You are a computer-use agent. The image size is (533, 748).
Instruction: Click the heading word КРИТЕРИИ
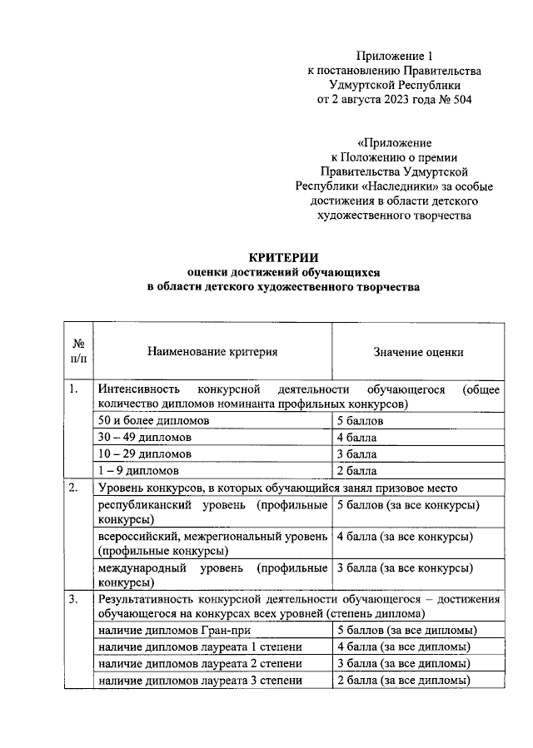(284, 257)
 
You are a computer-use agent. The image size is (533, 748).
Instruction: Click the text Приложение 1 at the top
(395, 56)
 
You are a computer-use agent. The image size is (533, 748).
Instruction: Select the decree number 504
(471, 101)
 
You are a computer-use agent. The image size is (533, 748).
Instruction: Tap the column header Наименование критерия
(212, 352)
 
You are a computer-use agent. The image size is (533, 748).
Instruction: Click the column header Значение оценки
(418, 352)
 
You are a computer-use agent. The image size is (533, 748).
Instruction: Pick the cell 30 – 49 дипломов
(144, 438)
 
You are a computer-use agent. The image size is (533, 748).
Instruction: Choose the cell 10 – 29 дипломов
(144, 454)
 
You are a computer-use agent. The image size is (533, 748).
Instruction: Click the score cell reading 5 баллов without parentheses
(360, 422)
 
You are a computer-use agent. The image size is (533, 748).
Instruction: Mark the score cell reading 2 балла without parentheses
(357, 470)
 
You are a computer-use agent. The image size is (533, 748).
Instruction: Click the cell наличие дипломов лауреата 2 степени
(199, 663)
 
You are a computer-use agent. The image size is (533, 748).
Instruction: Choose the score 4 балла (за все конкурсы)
(405, 537)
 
